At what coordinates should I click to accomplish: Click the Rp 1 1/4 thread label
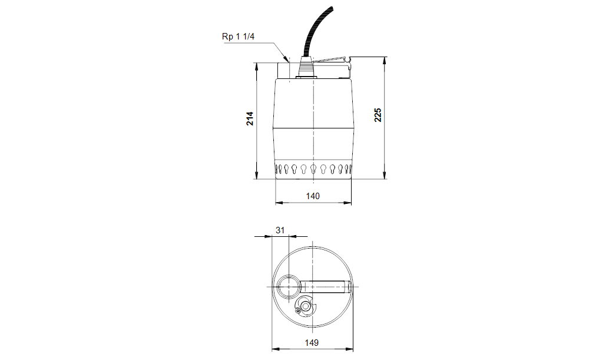(x=238, y=37)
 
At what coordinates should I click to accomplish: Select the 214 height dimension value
(x=250, y=118)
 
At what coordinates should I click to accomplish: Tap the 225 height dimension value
(x=378, y=115)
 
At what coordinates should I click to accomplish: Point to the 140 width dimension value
(x=313, y=196)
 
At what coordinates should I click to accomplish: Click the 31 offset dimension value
(x=280, y=230)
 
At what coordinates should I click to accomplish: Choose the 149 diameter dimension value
(x=312, y=343)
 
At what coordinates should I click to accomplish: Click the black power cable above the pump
(x=315, y=31)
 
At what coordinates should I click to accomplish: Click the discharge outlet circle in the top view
(x=288, y=286)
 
